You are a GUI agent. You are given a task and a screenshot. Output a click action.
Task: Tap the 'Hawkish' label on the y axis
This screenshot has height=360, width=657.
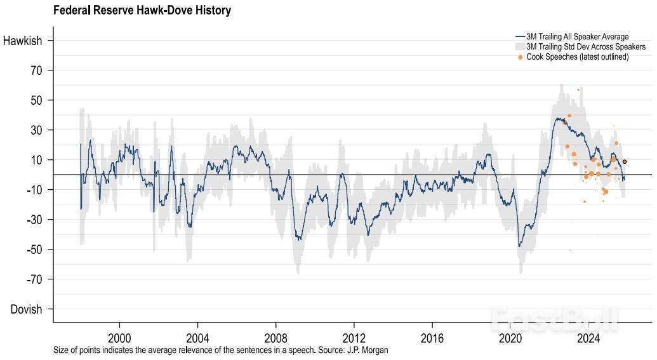tap(23, 41)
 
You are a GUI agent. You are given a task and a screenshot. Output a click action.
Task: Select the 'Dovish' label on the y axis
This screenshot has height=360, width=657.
tap(26, 309)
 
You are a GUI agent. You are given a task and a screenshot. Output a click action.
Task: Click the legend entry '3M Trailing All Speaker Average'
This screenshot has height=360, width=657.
tap(577, 37)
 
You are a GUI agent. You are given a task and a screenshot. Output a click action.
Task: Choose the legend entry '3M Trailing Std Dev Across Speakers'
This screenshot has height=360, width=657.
tap(585, 47)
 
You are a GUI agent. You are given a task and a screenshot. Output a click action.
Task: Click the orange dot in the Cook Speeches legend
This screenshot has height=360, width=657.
tap(521, 57)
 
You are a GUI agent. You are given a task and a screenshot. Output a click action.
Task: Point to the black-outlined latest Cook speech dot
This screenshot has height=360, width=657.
tap(625, 162)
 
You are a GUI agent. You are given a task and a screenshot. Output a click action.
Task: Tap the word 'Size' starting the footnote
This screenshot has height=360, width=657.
tap(62, 350)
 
